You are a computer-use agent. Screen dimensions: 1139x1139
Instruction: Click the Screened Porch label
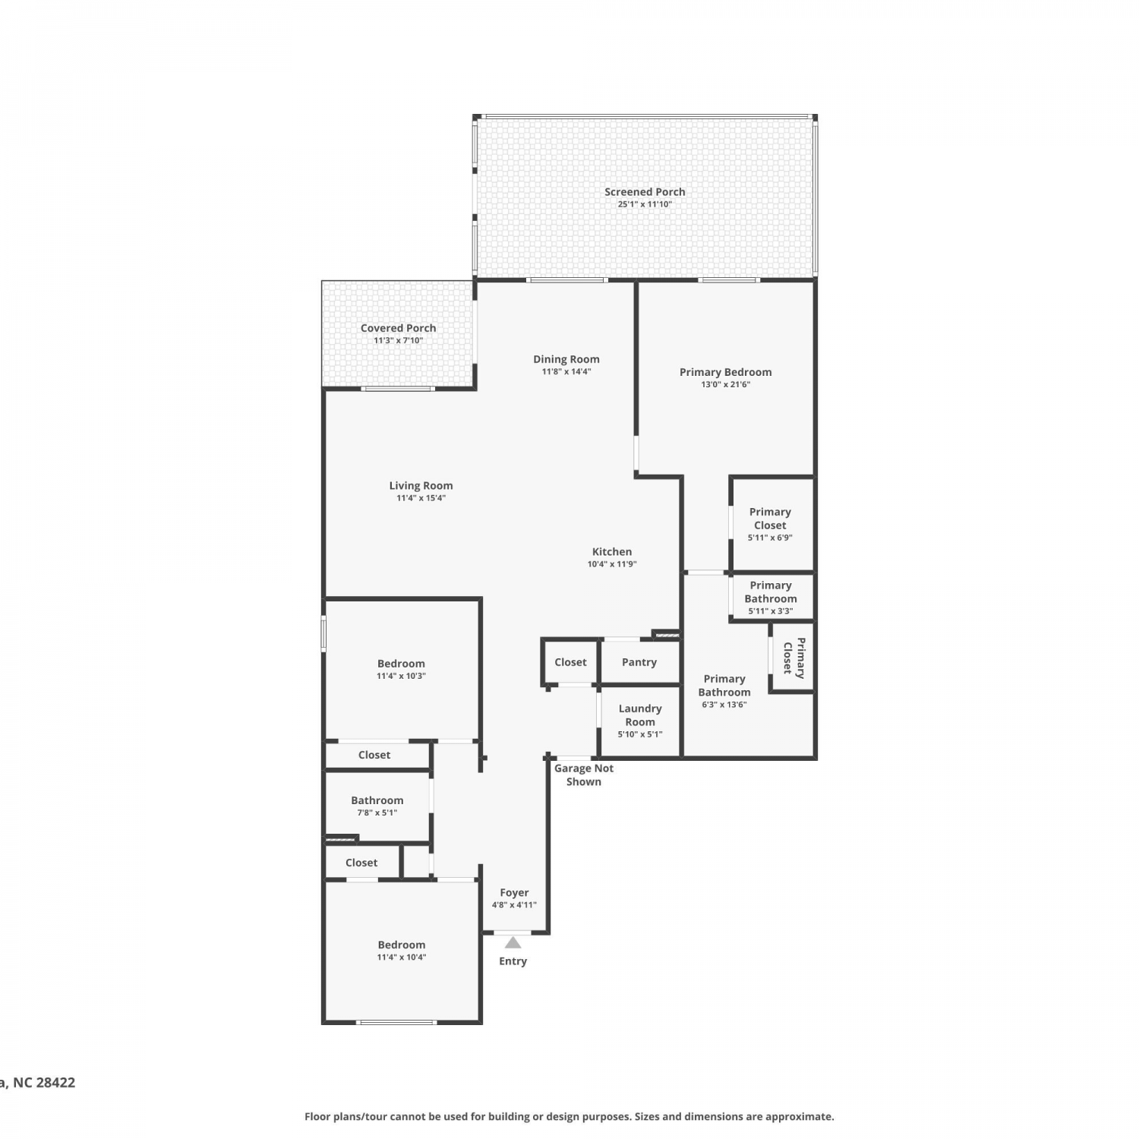coord(645,192)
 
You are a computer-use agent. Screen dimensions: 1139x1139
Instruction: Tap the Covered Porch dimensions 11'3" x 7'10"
coord(399,341)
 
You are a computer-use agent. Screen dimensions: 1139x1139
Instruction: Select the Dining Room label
coord(566,360)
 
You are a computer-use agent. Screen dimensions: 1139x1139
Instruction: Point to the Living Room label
coord(421,486)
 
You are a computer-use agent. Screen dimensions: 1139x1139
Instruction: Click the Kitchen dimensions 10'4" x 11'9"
coord(612,564)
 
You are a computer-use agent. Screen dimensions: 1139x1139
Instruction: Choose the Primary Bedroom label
coord(726,372)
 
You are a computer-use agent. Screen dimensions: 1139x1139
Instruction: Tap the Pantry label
coord(639,662)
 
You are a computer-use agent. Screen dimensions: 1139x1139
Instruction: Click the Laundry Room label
coord(640,715)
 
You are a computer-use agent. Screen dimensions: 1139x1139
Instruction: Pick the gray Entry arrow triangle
coord(513,942)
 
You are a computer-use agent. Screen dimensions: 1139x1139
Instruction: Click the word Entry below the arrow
coord(513,961)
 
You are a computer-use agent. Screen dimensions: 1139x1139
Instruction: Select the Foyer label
coord(514,893)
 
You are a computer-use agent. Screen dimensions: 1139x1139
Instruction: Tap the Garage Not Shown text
coord(584,775)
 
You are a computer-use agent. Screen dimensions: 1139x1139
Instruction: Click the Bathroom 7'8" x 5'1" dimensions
coord(377,813)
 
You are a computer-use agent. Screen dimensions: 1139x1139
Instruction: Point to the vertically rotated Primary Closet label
coord(794,657)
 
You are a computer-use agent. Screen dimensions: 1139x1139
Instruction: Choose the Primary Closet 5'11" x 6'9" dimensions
coord(770,538)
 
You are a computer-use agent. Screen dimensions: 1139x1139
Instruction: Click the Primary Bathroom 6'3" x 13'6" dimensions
coord(724,705)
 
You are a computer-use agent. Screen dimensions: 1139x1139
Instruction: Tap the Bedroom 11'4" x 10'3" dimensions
coord(401,676)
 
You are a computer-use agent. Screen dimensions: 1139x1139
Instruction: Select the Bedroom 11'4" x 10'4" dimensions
coord(402,958)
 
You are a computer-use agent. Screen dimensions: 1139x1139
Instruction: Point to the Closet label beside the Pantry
coord(570,662)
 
